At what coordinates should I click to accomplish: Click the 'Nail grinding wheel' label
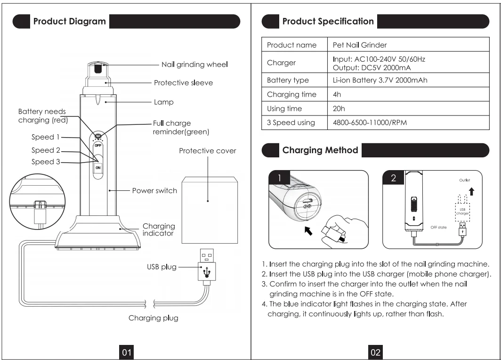pos(194,65)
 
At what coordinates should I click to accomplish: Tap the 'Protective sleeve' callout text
pos(184,83)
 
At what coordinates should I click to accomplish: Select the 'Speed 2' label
pos(46,150)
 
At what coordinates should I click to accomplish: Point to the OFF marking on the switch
pos(98,146)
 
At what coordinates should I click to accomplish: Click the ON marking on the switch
pos(98,168)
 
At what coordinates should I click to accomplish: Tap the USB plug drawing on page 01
pos(206,267)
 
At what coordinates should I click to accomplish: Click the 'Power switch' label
pos(154,191)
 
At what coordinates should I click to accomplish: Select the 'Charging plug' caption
pos(154,318)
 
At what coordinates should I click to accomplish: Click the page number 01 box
pos(127,352)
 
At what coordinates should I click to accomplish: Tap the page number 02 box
pos(375,352)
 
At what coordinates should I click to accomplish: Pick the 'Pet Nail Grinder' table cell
pos(360,45)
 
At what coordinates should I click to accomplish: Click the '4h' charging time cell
pos(337,95)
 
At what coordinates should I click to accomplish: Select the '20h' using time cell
pos(339,109)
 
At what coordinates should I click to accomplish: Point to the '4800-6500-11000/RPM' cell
pos(370,123)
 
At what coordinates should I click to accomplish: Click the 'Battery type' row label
pos(288,80)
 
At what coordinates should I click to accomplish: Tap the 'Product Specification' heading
pos(328,21)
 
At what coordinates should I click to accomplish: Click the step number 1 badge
pos(279,178)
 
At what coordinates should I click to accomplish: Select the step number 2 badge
pos(393,178)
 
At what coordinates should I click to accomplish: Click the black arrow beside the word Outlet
pos(472,191)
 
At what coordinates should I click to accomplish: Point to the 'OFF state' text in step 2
pos(438,227)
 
